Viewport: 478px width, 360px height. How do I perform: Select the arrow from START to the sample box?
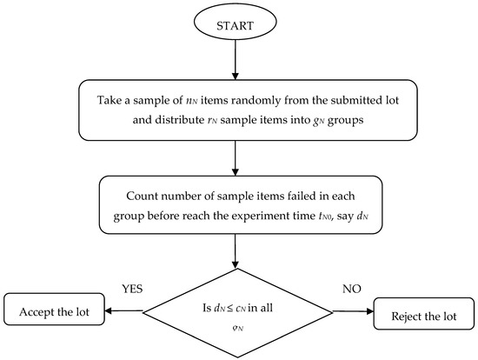(x=235, y=60)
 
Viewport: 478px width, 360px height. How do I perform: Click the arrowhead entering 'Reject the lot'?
(x=370, y=310)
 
